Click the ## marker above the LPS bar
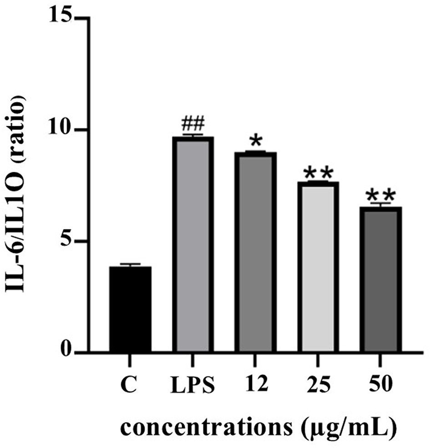point(192,123)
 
